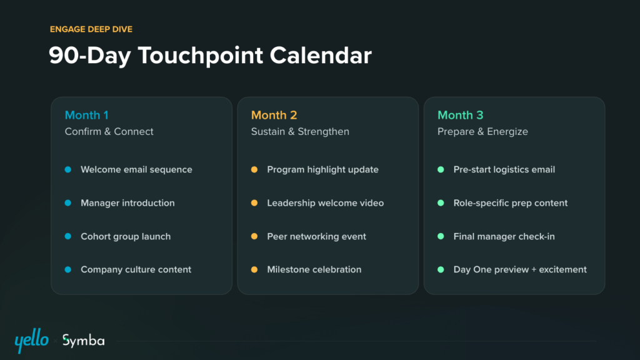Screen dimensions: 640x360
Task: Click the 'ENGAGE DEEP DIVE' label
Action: coord(91,29)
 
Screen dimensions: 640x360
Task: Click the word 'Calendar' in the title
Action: coord(321,55)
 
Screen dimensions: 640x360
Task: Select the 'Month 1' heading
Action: coord(86,115)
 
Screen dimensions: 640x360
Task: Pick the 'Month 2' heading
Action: coord(274,115)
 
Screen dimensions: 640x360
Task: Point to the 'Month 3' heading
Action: coord(461,115)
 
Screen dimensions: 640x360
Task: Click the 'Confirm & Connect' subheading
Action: coord(109,131)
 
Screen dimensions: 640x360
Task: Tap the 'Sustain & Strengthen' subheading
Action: coord(300,131)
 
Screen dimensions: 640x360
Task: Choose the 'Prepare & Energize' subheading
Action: coord(482,131)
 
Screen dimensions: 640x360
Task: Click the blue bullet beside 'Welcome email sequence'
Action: coord(67,169)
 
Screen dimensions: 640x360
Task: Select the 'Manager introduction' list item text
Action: coord(127,203)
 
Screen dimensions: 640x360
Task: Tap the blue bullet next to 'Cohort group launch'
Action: coord(67,236)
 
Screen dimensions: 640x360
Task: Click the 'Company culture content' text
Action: coord(136,270)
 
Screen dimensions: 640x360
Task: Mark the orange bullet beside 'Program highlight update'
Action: coord(254,169)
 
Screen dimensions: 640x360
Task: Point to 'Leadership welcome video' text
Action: coord(325,203)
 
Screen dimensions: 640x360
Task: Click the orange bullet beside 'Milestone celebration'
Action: coord(254,269)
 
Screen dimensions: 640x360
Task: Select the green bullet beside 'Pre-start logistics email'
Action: coord(441,169)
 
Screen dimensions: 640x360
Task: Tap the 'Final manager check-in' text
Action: coord(504,236)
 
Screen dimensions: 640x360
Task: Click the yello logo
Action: coord(31,341)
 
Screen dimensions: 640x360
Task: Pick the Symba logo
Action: coord(83,341)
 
